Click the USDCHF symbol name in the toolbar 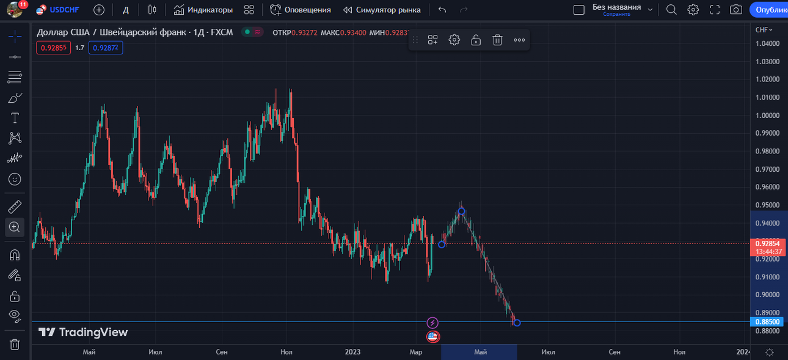pos(64,10)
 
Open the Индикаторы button pos(203,10)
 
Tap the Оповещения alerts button pos(301,10)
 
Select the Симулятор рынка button pos(382,10)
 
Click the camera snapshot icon pos(736,10)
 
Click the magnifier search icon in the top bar pos(671,10)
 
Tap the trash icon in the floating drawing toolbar pos(497,40)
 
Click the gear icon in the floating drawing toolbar pos(454,40)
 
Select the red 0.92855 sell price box pos(54,48)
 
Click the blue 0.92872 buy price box pos(106,48)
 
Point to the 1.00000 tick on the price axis pos(767,115)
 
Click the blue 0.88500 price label pos(767,321)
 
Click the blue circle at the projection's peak pos(461,211)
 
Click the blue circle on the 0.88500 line pos(517,323)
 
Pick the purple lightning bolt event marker pos(432,323)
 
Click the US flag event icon pos(432,337)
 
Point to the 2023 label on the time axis pos(352,352)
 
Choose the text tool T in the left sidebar pos(15,118)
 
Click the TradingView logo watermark pos(83,332)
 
